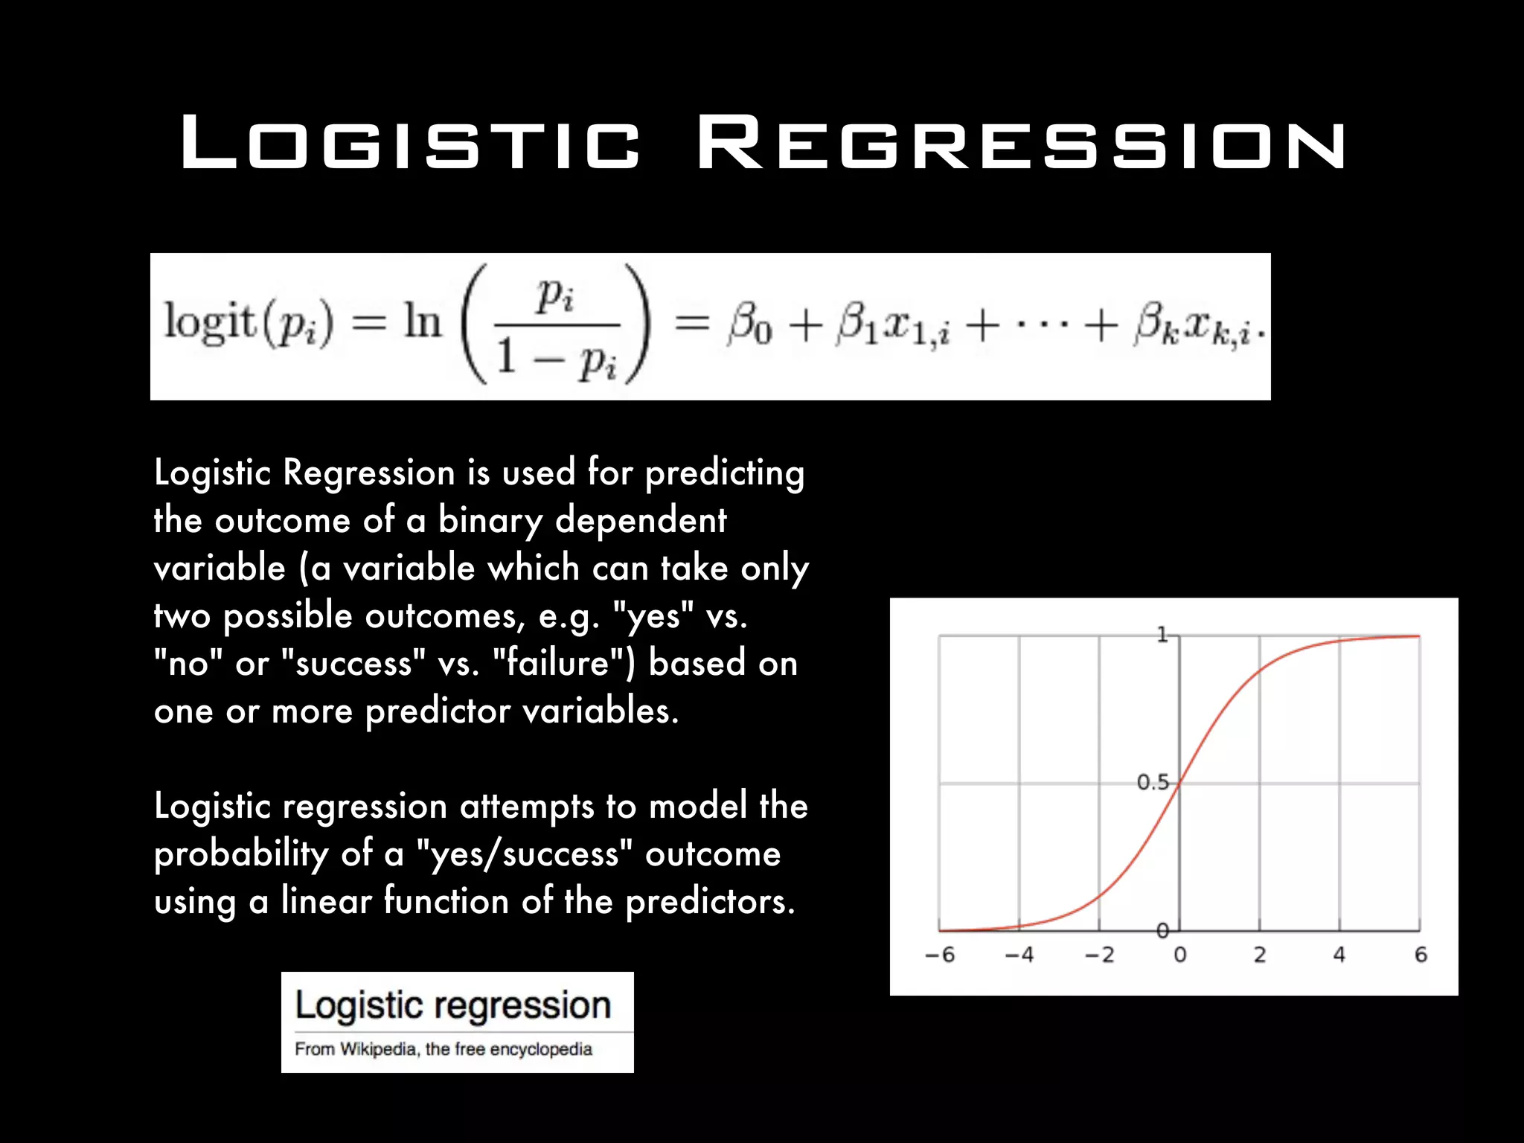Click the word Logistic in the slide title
(410, 142)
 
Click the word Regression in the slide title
(1021, 142)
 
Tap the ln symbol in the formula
(423, 323)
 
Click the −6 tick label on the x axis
(940, 955)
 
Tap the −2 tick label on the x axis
(1099, 955)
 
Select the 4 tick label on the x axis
(1339, 955)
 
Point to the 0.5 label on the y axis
(1153, 782)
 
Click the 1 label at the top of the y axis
(1162, 635)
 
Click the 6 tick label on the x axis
(1421, 955)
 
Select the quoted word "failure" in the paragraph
(561, 662)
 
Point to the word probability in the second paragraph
(241, 854)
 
